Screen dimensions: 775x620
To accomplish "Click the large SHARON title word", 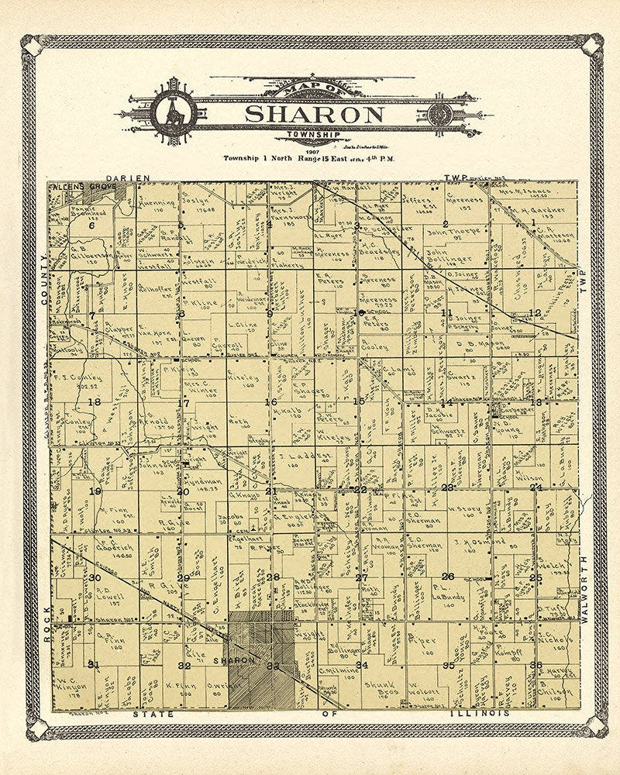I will pyautogui.click(x=314, y=114).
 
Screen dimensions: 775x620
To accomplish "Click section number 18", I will pyautogui.click(x=95, y=401).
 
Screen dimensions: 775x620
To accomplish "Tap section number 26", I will pyautogui.click(x=447, y=576).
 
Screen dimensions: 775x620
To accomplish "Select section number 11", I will pyautogui.click(x=446, y=312).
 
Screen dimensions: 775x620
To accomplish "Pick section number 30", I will pyautogui.click(x=95, y=577).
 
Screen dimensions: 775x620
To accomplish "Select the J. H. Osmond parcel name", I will pyautogui.click(x=479, y=541).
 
